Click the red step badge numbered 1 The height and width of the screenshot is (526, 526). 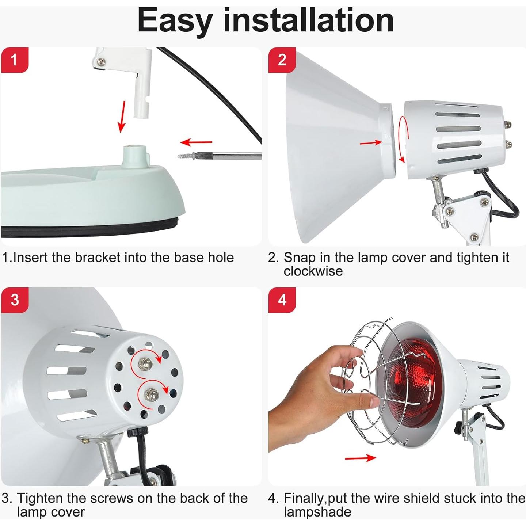(15, 60)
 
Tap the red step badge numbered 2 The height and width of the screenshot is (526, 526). (282, 60)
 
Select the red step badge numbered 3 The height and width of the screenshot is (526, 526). (15, 300)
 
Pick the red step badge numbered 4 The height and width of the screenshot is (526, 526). (282, 300)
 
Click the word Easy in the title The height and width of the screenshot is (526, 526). (174, 21)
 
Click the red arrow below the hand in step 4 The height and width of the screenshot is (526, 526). (360, 458)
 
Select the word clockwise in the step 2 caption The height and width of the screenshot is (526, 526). (313, 271)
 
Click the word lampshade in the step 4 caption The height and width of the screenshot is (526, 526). (317, 512)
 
